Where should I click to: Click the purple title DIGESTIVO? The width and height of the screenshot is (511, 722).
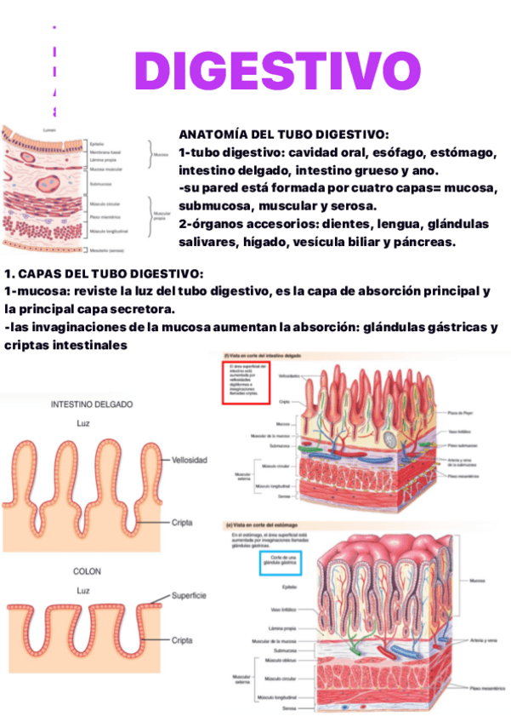pos(277,71)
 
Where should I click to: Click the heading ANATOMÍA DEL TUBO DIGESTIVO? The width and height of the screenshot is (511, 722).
pos(284,135)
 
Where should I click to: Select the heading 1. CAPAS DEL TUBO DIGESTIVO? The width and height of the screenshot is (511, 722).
pos(104,274)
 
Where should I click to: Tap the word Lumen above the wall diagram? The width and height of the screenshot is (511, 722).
pos(50,129)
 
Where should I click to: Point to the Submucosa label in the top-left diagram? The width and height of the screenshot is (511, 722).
pos(101,183)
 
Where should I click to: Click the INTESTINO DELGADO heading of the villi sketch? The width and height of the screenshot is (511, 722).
pos(92,405)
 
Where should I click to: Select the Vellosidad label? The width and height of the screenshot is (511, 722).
pos(190,460)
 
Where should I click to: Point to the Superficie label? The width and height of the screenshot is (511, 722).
pos(189,596)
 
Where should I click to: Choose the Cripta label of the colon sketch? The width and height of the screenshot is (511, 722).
pos(182,639)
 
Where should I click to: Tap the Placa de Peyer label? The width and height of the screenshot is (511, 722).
pos(460,411)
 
